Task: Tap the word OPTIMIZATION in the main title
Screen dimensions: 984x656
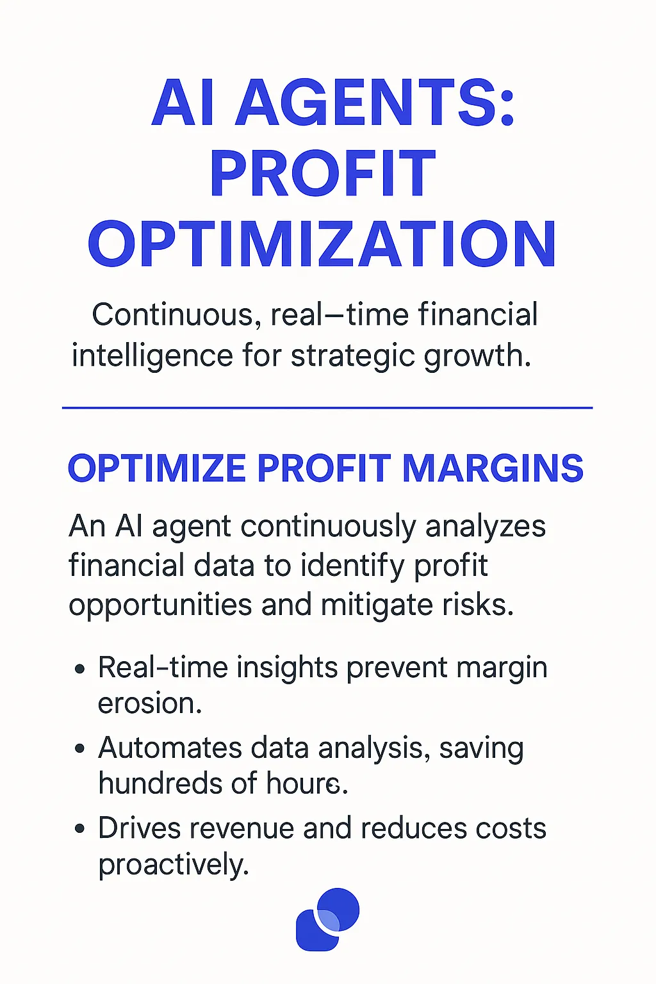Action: point(322,245)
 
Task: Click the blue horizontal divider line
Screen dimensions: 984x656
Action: point(327,407)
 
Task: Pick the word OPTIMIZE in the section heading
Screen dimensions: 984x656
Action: point(157,468)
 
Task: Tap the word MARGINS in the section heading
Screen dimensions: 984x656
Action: point(493,468)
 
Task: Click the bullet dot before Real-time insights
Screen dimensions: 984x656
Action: point(79,669)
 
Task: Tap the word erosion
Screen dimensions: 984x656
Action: point(150,703)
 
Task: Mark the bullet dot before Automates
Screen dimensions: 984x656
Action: point(79,748)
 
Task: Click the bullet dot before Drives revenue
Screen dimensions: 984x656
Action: point(79,829)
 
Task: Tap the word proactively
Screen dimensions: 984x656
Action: point(173,865)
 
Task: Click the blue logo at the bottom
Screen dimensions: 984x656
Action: point(327,919)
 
